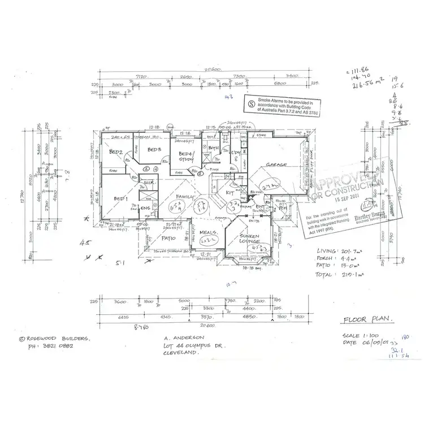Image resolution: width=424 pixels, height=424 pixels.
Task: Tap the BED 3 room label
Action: click(x=155, y=150)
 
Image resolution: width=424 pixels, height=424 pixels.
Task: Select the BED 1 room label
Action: click(x=119, y=198)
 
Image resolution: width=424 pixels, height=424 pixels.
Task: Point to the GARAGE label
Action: click(x=278, y=165)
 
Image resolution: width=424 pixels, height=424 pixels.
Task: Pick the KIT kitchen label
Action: click(x=231, y=193)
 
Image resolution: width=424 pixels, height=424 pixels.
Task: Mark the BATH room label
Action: click(x=213, y=148)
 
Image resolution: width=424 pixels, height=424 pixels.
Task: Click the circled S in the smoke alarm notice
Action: click(x=252, y=103)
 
